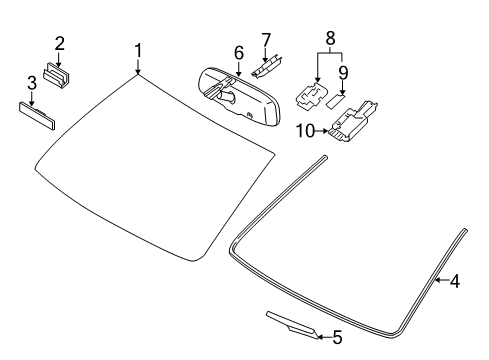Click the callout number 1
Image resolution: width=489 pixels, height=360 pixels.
[x=138, y=51]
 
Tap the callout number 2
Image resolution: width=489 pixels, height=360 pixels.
[x=59, y=44]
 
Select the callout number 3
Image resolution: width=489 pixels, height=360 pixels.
[x=32, y=83]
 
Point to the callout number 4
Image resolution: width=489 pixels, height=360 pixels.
[x=455, y=281]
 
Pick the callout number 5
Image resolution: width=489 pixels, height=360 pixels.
[x=337, y=338]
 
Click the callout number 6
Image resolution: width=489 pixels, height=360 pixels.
[x=239, y=53]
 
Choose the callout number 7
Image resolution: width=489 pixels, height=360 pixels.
[x=266, y=40]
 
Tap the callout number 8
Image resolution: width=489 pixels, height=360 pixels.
[x=330, y=38]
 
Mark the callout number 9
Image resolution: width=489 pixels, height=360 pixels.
[x=343, y=73]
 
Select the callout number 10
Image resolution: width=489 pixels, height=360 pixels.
[x=306, y=131]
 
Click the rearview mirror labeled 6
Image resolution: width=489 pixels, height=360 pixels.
[x=239, y=96]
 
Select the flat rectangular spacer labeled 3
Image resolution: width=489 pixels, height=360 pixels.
[x=37, y=116]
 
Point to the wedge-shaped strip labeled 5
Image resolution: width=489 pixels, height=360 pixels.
[x=292, y=325]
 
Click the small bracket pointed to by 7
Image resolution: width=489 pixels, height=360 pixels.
[x=267, y=67]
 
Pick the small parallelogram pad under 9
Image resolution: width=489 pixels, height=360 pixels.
[x=335, y=101]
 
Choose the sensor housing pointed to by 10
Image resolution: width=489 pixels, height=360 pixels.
[x=352, y=121]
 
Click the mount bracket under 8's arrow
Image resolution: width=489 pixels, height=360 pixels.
[x=311, y=96]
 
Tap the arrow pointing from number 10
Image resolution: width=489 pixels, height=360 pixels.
[x=321, y=131]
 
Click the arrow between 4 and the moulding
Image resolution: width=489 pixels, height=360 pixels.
[x=442, y=280]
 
